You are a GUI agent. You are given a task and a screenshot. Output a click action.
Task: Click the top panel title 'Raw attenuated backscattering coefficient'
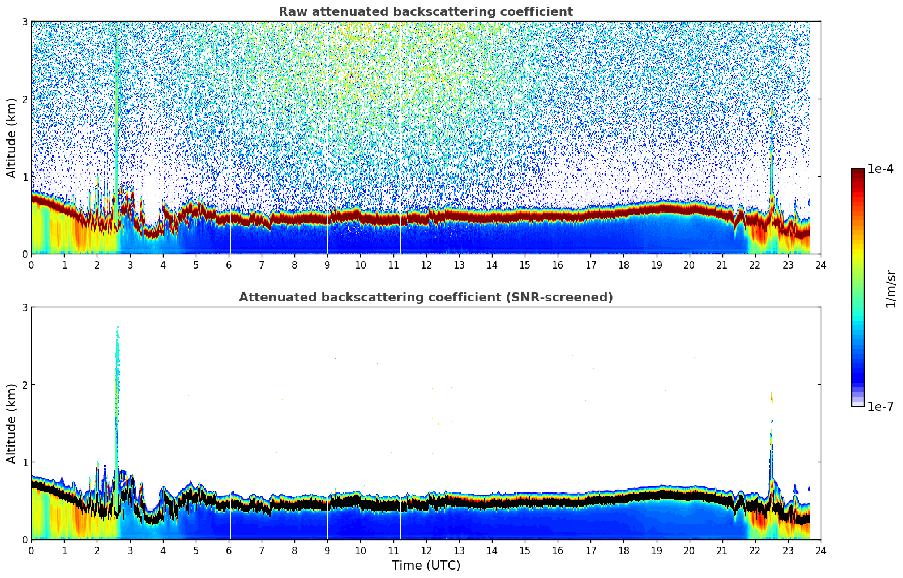pos(425,12)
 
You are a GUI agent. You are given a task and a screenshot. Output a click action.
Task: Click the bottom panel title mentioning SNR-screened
pos(425,297)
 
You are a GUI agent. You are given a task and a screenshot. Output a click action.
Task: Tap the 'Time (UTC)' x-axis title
pos(426,566)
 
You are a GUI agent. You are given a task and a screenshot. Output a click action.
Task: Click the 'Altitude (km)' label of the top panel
pos(12,138)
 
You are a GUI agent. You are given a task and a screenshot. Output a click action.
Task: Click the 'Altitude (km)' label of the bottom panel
pos(12,423)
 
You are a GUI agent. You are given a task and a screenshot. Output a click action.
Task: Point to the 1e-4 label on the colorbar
pos(880,169)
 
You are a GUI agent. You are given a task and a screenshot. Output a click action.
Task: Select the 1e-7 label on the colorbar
pos(880,406)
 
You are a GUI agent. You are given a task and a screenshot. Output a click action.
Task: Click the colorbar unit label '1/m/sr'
pos(891,288)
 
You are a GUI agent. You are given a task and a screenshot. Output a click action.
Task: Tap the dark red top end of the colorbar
pos(858,172)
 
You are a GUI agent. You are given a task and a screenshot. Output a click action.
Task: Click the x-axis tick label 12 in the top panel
pos(426,265)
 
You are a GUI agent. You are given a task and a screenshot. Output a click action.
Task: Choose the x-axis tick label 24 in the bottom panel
pos(820,550)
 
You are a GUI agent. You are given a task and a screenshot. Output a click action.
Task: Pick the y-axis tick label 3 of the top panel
pos(25,22)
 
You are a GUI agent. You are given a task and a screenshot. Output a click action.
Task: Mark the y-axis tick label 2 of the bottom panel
pos(25,385)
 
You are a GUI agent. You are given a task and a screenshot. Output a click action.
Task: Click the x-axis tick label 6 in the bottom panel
pos(229,550)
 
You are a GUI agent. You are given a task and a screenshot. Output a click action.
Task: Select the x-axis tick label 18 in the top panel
pos(623,265)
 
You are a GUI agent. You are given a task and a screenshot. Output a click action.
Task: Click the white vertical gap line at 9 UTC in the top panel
pos(327,238)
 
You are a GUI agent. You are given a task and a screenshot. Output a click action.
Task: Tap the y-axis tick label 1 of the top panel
pos(25,177)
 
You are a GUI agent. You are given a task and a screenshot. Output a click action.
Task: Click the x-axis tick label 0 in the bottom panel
pos(31,550)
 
